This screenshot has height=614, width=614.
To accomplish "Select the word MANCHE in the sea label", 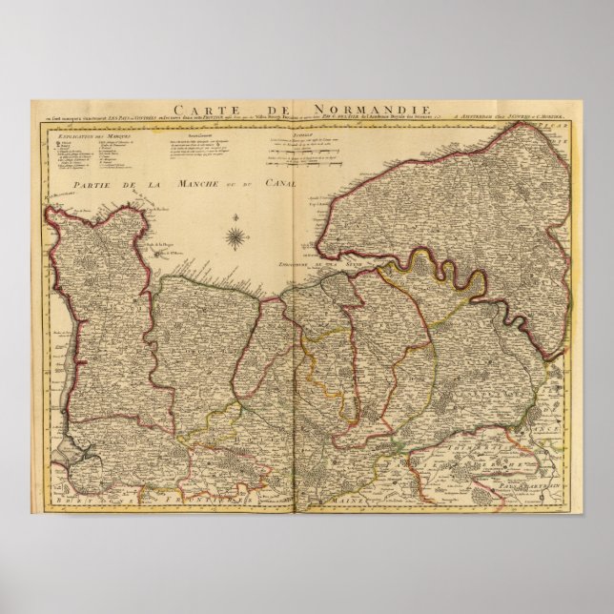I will pos(197,184).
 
